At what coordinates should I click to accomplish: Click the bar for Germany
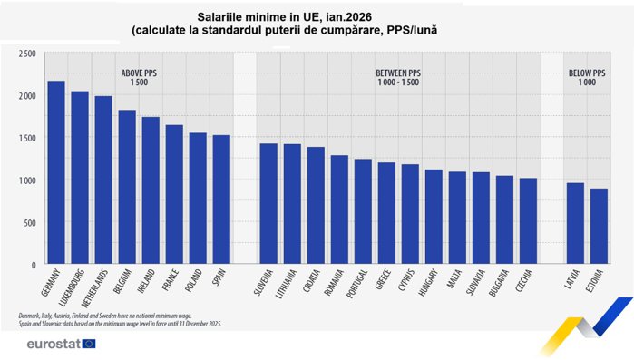pyautogui.click(x=56, y=173)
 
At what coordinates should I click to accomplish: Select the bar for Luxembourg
pyautogui.click(x=80, y=178)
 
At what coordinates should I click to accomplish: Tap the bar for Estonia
pyautogui.click(x=599, y=227)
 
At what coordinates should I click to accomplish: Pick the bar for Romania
pyautogui.click(x=339, y=209)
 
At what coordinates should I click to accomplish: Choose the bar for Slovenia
pyautogui.click(x=268, y=204)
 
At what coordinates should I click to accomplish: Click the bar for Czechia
pyautogui.click(x=528, y=221)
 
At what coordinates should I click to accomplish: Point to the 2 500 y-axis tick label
pyautogui.click(x=26, y=54)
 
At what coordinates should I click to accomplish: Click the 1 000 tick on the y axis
pyautogui.click(x=26, y=180)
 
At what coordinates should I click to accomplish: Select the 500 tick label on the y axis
pyautogui.click(x=30, y=223)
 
